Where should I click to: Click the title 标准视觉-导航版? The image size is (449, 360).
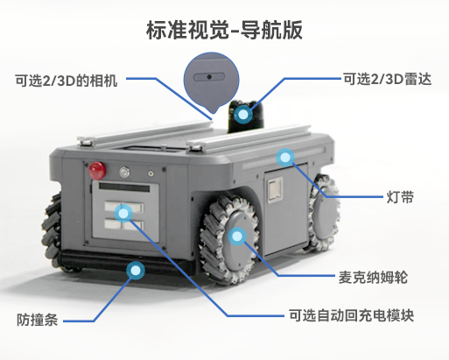pyautogui.click(x=224, y=30)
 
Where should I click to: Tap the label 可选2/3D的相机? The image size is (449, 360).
pyautogui.click(x=67, y=81)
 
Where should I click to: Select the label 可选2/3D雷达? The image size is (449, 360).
pyautogui.click(x=387, y=79)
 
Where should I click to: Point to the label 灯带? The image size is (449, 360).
pyautogui.click(x=400, y=197)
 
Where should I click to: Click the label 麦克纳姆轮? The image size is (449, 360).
pyautogui.click(x=373, y=277)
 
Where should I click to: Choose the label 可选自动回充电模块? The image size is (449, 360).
pyautogui.click(x=351, y=315)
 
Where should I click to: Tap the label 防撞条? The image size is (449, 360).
pyautogui.click(x=37, y=320)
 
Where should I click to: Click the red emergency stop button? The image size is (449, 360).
pyautogui.click(x=97, y=171)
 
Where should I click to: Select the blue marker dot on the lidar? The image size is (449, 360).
pyautogui.click(x=242, y=114)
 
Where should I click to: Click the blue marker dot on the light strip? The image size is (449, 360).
pyautogui.click(x=285, y=158)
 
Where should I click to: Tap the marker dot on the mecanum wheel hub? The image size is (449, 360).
pyautogui.click(x=237, y=236)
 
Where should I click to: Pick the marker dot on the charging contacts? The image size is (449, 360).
pyautogui.click(x=123, y=214)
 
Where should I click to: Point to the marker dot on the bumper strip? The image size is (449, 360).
pyautogui.click(x=136, y=271)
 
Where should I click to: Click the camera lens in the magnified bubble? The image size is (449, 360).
pyautogui.click(x=209, y=77)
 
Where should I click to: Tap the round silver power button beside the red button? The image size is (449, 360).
pyautogui.click(x=124, y=172)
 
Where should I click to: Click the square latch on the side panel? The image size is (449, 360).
pyautogui.click(x=275, y=190)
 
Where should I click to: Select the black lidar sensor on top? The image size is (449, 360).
pyautogui.click(x=246, y=116)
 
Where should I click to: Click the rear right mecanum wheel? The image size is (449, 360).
pyautogui.click(x=324, y=213)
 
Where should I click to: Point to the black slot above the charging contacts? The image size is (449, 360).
pyautogui.click(x=124, y=187)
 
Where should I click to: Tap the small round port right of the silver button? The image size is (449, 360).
pyautogui.click(x=151, y=173)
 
